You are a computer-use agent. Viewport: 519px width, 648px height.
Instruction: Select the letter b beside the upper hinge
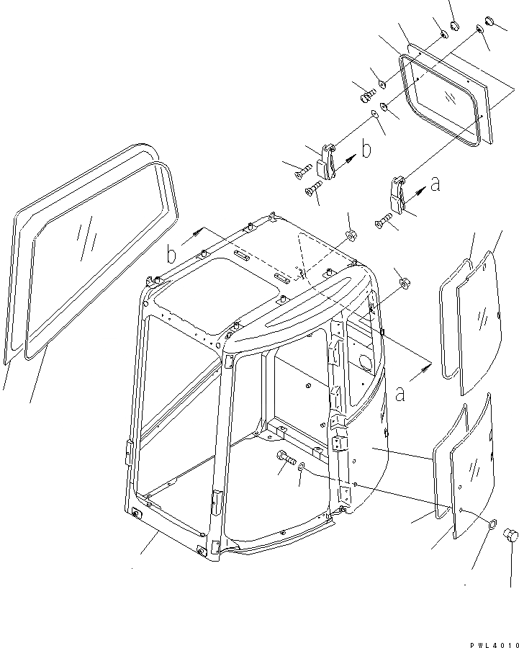[366, 151]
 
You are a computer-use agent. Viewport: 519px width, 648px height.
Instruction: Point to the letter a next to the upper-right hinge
[434, 185]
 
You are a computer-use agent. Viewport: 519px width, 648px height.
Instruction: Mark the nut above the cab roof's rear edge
[352, 235]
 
